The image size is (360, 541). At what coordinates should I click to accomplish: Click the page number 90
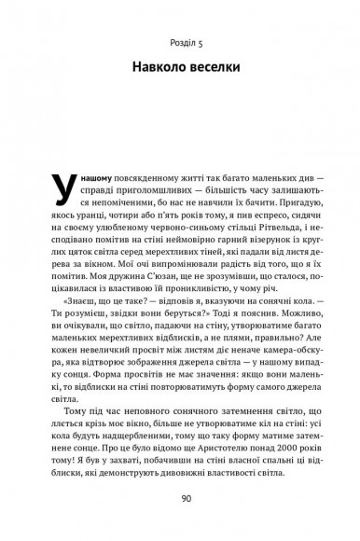coord(180,495)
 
